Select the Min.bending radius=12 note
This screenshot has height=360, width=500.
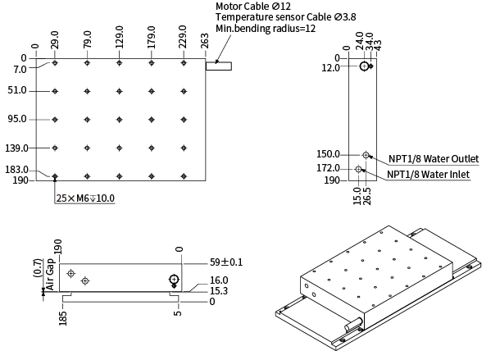[x=266, y=29]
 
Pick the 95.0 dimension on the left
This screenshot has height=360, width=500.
[x=18, y=119]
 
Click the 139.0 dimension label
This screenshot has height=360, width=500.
[x=18, y=148]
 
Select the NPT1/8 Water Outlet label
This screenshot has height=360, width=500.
[x=434, y=159]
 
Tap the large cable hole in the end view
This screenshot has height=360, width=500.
[x=364, y=66]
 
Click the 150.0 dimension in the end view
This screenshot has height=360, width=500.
[x=328, y=154]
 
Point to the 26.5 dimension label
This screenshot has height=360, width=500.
[x=366, y=196]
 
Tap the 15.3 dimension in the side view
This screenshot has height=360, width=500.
[x=217, y=291]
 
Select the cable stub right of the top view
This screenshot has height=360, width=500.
[x=220, y=66]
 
